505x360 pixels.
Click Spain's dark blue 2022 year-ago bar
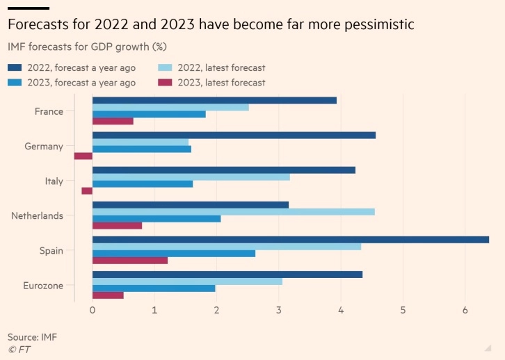[290, 239]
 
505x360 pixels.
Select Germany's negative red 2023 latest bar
[83, 156]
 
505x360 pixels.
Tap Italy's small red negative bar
[87, 190]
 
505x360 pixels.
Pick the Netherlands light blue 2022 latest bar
[233, 211]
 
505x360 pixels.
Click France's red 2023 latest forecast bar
[113, 121]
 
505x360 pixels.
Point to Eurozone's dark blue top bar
[227, 274]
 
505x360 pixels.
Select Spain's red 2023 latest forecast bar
[130, 260]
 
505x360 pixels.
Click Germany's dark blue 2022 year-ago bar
[234, 135]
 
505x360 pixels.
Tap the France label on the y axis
[49, 111]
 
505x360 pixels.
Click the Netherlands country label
[37, 215]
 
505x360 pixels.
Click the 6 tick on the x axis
[465, 310]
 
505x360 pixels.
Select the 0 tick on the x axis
[93, 310]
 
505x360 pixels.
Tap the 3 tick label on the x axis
[279, 310]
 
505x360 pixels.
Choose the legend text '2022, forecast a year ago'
[81, 68]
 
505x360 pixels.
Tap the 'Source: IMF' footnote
[33, 337]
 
